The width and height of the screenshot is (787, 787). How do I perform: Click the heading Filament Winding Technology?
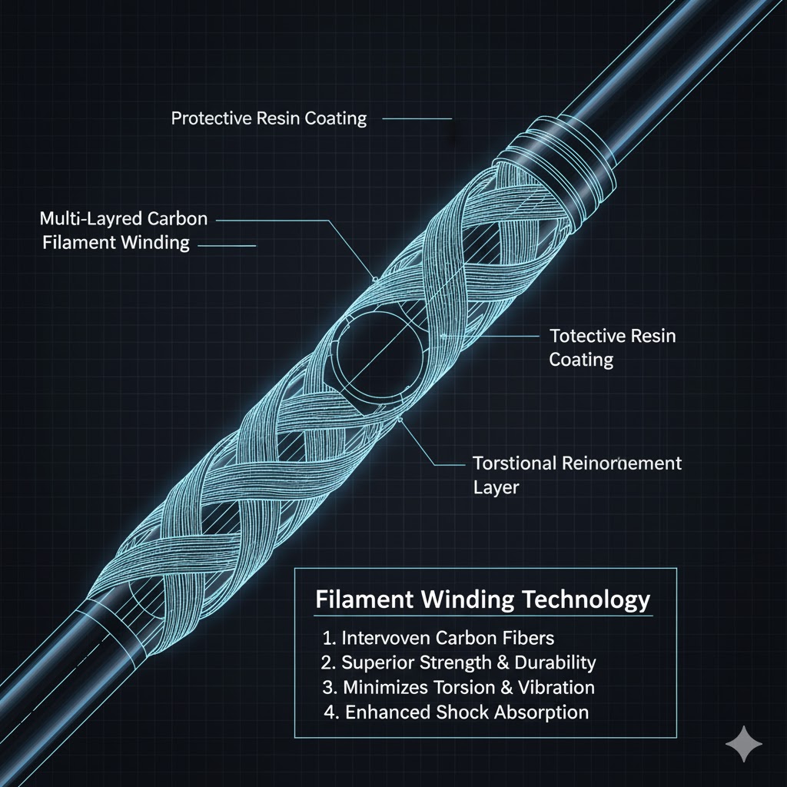tap(483, 599)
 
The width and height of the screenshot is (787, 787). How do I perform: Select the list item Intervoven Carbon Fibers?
tap(439, 638)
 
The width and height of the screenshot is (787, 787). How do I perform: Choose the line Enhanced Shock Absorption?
tap(457, 712)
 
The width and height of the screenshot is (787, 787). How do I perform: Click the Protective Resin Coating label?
tap(269, 119)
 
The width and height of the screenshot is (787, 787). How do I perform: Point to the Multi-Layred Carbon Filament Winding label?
tap(123, 231)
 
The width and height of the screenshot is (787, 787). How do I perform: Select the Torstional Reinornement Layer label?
tap(576, 475)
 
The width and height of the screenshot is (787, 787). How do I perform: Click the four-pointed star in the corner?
tap(744, 743)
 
